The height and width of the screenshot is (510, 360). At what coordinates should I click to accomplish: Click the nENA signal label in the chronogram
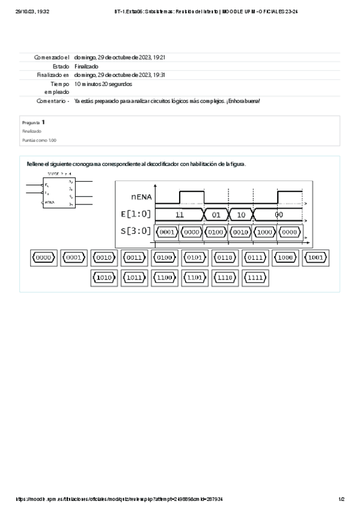pyautogui.click(x=141, y=197)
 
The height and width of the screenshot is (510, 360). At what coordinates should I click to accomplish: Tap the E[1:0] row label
pyautogui.click(x=136, y=214)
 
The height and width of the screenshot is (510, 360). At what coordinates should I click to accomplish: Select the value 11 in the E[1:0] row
pyautogui.click(x=179, y=215)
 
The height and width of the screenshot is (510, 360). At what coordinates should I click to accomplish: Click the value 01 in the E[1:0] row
pyautogui.click(x=216, y=215)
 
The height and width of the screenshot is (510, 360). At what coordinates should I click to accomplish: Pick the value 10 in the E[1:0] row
pyautogui.click(x=240, y=215)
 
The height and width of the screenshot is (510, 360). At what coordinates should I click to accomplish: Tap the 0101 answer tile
pyautogui.click(x=195, y=258)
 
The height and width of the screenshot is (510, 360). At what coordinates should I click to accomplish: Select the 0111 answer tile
pyautogui.click(x=255, y=258)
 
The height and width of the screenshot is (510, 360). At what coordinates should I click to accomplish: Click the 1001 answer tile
pyautogui.click(x=316, y=258)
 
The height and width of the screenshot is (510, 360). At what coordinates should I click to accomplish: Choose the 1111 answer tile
pyautogui.click(x=255, y=278)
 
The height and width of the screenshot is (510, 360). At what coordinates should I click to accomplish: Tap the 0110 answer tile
pyautogui.click(x=225, y=258)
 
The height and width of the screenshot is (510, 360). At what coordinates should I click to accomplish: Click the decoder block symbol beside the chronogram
pyautogui.click(x=59, y=191)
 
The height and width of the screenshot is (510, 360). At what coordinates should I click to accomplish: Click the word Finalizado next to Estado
pyautogui.click(x=87, y=66)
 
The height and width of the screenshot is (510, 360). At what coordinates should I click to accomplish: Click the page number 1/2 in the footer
pyautogui.click(x=341, y=499)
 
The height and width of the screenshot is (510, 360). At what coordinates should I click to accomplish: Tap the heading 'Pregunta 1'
pyautogui.click(x=34, y=122)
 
